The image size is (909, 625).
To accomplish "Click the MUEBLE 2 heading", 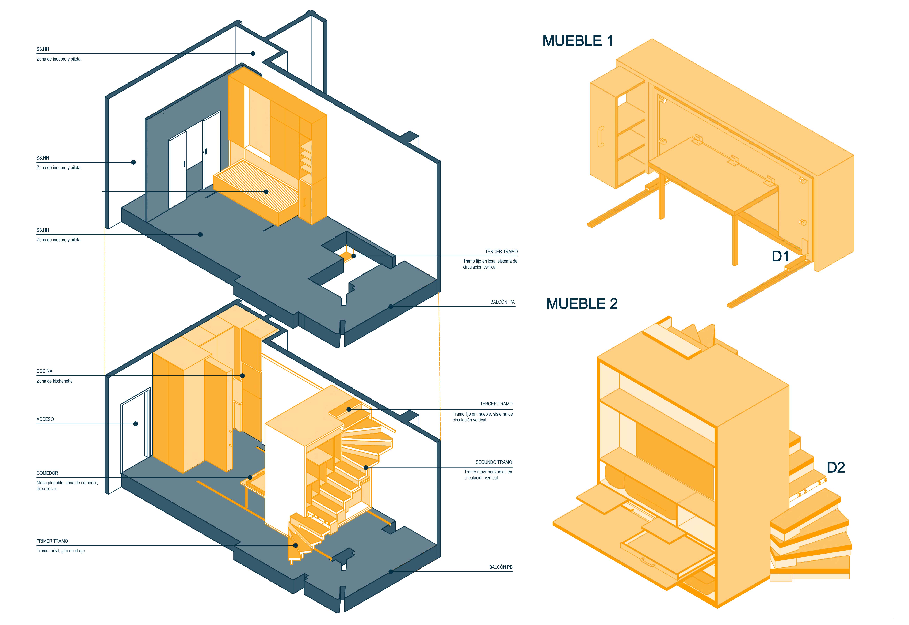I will coord(582,304).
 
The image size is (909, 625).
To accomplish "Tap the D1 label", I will coord(780,257).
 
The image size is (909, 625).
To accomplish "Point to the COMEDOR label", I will coord(47,473).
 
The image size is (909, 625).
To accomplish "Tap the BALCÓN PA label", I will coord(502,302).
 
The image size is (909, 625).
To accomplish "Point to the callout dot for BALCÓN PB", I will coord(391,572).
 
